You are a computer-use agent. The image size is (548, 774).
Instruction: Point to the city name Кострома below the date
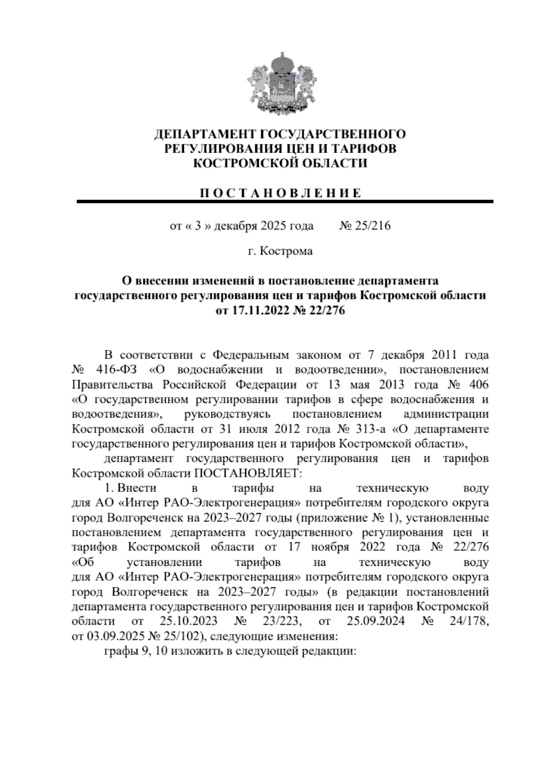(287, 251)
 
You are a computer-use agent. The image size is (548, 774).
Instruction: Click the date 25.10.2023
(189, 621)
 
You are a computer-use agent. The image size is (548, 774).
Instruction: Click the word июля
(254, 429)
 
